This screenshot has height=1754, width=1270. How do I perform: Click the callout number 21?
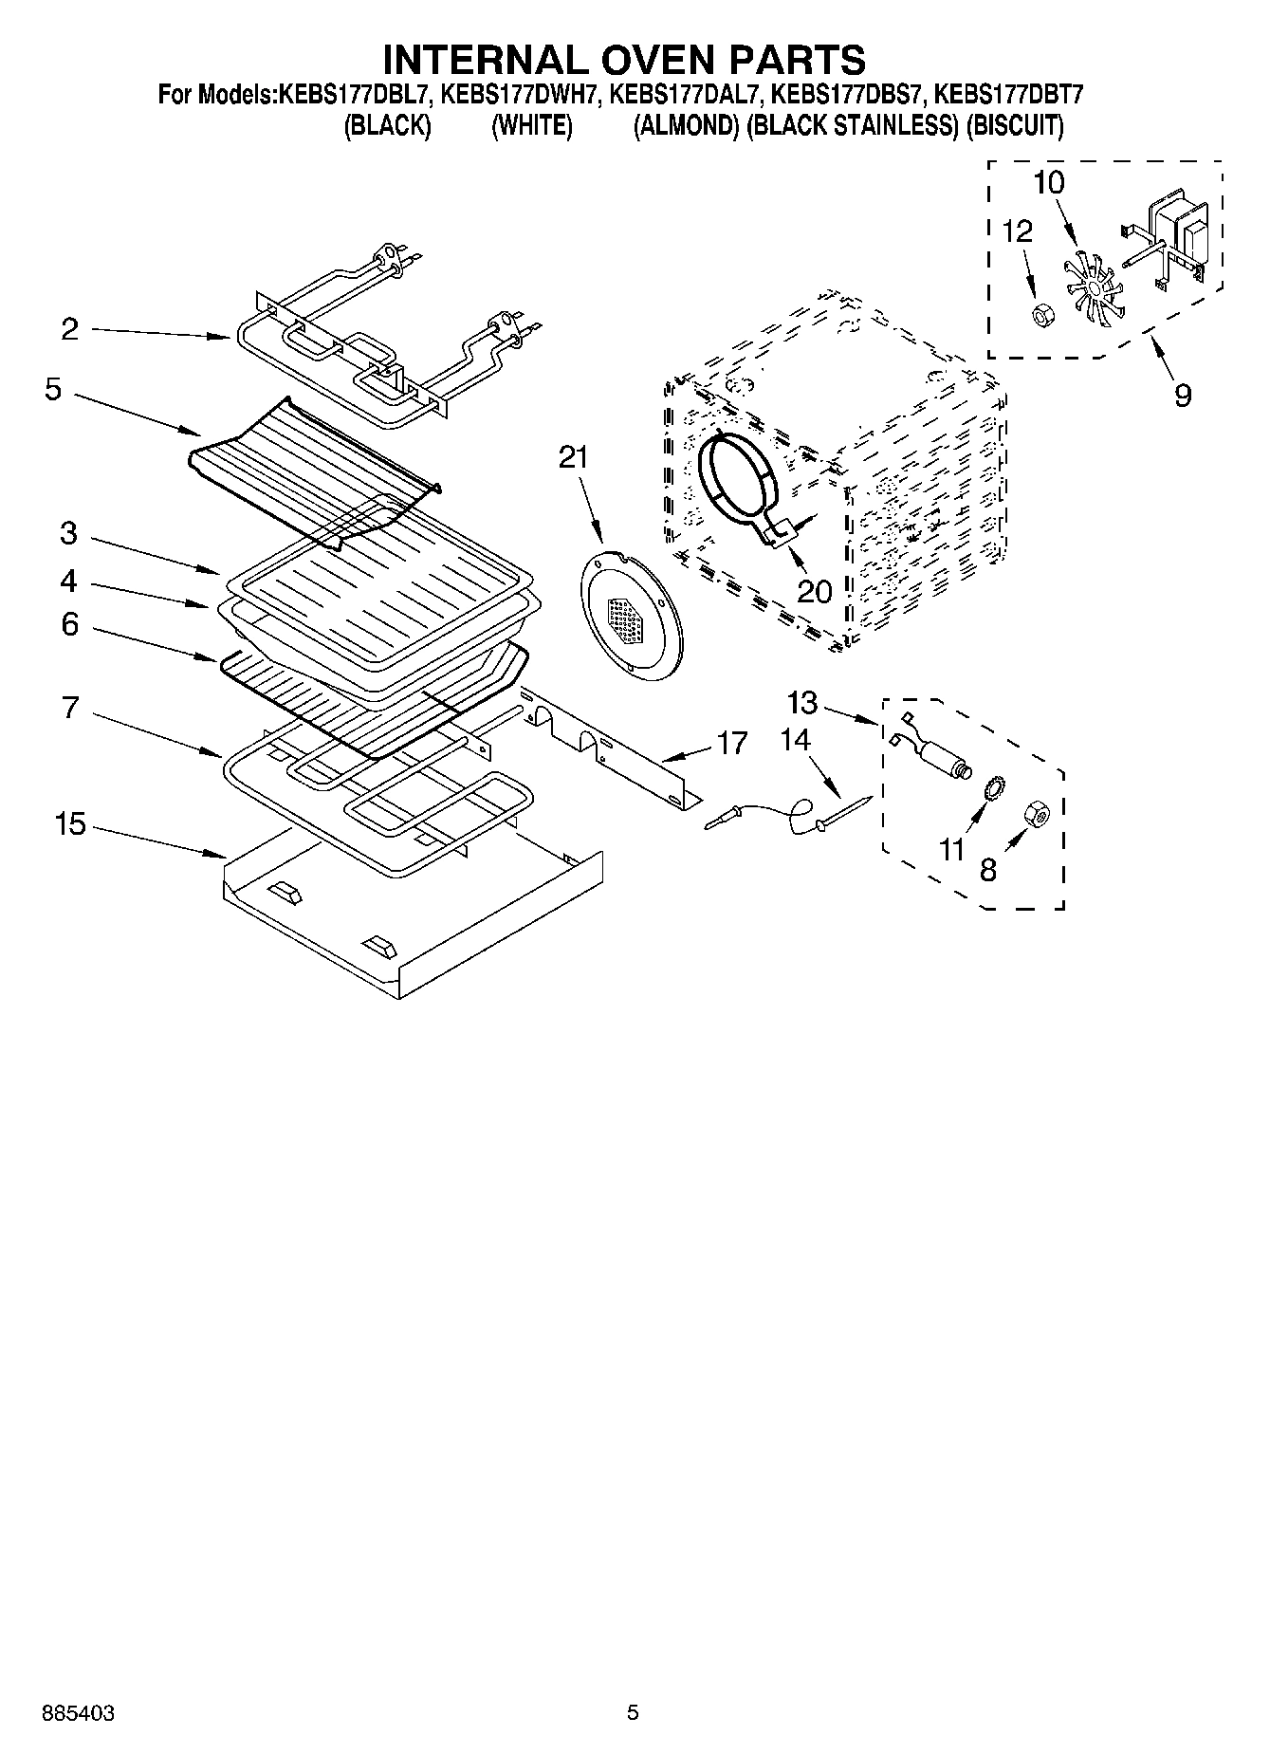point(573,458)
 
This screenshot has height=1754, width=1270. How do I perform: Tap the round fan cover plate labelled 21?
point(631,617)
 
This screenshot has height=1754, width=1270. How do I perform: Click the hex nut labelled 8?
point(1037,813)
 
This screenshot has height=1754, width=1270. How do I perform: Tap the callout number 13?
point(801,703)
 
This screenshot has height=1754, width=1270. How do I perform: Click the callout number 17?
point(732,743)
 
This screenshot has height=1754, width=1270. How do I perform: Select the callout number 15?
point(69,824)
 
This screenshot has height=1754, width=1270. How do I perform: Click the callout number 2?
point(69,329)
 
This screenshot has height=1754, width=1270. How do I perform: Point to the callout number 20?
point(814,591)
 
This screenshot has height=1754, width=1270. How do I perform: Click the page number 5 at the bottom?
point(633,1712)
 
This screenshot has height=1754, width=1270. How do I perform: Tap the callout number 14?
point(795,740)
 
